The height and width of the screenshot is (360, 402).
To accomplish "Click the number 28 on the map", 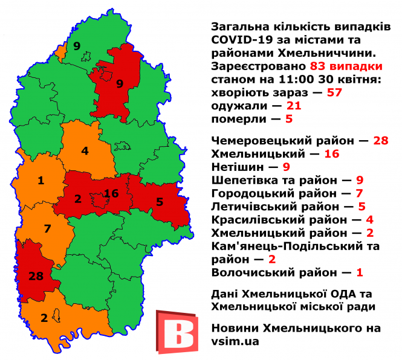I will click(x=36, y=277).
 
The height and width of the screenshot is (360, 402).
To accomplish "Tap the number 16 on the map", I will click(x=111, y=193).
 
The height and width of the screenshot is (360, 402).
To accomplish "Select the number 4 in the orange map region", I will click(x=85, y=150).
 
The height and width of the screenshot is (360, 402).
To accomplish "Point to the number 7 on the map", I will click(x=47, y=228).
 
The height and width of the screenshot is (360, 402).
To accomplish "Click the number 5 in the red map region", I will click(x=159, y=202).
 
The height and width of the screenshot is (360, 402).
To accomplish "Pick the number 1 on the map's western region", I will click(x=41, y=180).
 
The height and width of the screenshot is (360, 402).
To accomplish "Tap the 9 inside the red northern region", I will click(x=120, y=84).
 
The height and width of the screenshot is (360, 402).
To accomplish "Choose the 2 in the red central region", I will click(x=77, y=199).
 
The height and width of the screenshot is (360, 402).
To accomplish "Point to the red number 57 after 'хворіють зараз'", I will click(x=334, y=92).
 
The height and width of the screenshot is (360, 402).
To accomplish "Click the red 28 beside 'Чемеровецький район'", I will click(x=380, y=140).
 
